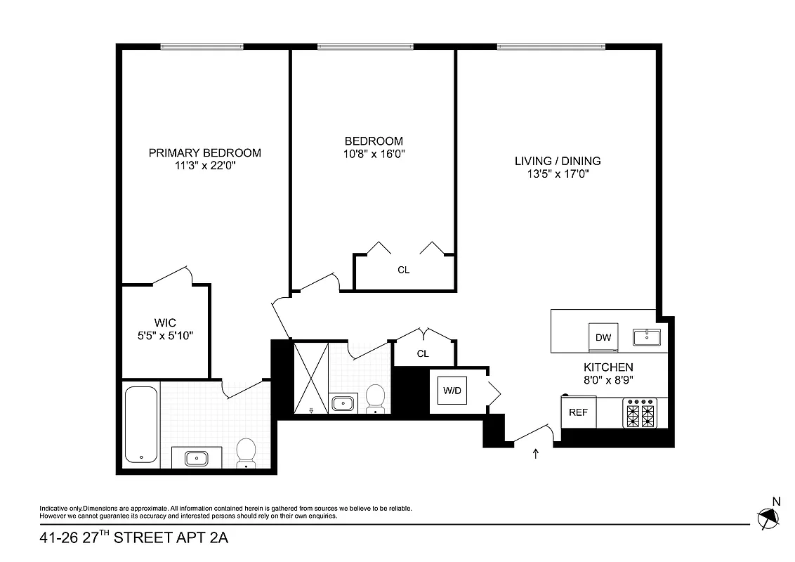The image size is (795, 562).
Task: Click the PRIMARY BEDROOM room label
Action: coord(204,152)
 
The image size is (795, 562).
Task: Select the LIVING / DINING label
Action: coord(558,161)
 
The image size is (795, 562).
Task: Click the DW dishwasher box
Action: coord(603,336)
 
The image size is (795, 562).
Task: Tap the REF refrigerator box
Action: coord(578,412)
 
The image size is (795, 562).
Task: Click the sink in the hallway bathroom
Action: coord(343,403)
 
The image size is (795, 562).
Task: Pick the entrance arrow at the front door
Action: coord(537,454)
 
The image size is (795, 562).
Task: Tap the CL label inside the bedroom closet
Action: coord(403,270)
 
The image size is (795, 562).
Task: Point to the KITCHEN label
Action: coord(608,367)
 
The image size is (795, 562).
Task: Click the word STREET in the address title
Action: coord(149,540)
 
